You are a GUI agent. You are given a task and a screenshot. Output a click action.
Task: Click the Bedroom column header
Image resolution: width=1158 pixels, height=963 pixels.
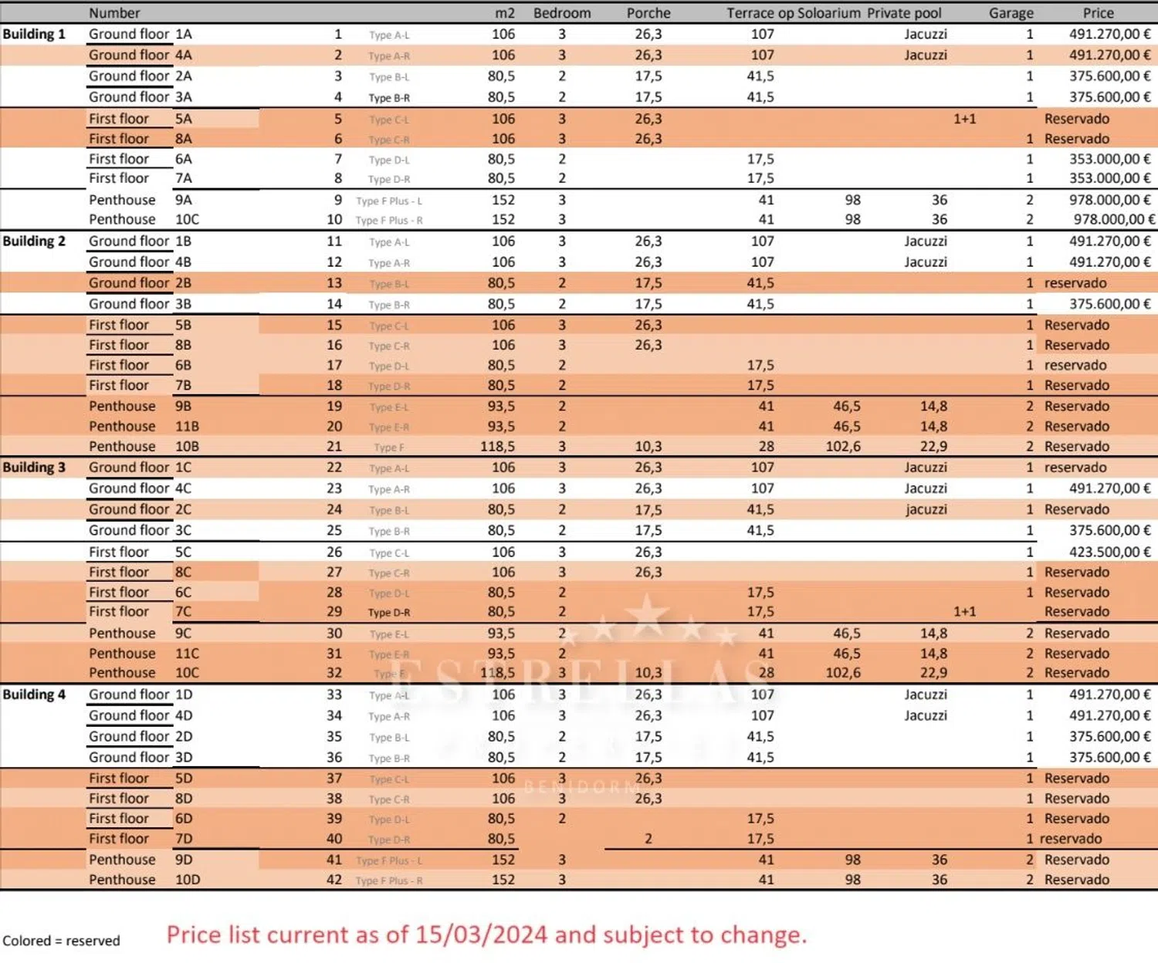562,13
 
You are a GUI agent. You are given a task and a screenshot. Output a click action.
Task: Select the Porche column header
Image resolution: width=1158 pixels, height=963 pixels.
648,13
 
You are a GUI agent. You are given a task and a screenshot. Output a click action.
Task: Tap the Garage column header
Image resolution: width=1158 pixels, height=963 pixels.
1011,13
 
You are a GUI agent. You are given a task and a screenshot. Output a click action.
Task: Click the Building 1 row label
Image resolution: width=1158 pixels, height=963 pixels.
34,34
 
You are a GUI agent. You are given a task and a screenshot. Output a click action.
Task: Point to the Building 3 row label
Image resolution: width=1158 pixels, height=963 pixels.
34,468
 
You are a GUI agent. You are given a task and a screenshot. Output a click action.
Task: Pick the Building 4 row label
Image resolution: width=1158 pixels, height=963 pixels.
34,694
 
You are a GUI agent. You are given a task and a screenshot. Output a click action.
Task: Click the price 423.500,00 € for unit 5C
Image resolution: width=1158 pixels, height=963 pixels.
1109,552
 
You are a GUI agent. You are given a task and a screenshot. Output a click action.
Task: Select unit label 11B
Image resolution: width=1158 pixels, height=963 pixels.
187,426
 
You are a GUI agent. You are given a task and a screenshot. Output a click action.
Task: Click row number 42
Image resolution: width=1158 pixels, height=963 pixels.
334,880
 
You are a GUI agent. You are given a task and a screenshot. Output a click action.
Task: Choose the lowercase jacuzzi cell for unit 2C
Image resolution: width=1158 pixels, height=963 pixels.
926,509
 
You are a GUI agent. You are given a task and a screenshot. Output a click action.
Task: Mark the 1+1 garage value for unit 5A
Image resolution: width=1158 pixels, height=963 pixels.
964,119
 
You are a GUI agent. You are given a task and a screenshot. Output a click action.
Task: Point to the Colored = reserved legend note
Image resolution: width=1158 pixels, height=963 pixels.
62,941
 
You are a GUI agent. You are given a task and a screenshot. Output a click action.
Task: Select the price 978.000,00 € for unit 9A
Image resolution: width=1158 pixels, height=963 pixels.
1109,200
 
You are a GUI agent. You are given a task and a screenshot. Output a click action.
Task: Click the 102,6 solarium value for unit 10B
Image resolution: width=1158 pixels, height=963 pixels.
843,446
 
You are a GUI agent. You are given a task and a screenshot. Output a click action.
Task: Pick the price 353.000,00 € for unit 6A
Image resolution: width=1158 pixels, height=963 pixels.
1109,159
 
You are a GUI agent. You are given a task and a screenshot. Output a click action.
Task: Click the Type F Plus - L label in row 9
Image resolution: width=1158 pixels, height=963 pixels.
389,201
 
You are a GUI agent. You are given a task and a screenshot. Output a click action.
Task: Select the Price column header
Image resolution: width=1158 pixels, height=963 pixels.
1098,13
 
